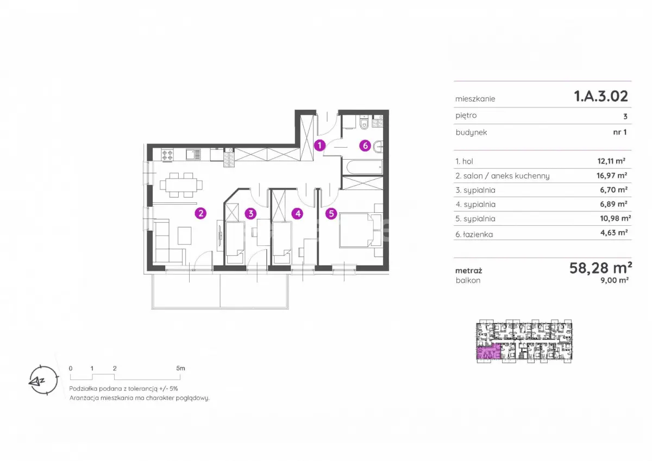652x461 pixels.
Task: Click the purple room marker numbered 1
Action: [319, 145]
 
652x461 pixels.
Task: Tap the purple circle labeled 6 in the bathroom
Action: [365, 146]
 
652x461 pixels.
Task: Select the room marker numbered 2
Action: [200, 213]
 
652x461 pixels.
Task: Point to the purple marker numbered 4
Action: [298, 214]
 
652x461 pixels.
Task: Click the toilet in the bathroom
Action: [364, 123]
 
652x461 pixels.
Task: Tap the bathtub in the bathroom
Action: [364, 167]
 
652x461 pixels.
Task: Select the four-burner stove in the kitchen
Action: [167, 154]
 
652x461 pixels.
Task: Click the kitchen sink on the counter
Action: [193, 154]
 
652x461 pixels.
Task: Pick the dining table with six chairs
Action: [181, 185]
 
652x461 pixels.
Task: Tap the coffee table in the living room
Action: [185, 236]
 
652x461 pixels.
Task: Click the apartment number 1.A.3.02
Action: [601, 96]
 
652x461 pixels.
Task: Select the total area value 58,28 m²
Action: [600, 268]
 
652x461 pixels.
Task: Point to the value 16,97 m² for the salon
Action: [612, 175]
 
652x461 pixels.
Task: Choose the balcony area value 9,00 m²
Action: [615, 280]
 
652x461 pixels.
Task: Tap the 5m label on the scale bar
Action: [180, 368]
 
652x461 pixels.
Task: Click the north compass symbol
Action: [43, 380]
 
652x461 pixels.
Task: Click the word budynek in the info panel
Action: [471, 132]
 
